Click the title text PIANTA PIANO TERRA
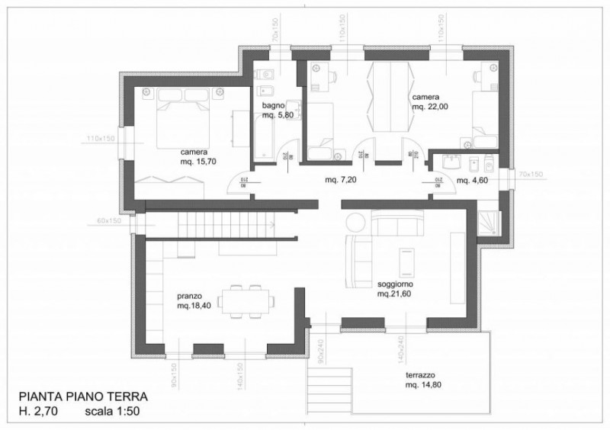point(78,397)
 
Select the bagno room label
point(273,104)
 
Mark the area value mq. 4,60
point(473,180)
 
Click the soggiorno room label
point(396,284)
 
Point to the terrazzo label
point(420,377)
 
